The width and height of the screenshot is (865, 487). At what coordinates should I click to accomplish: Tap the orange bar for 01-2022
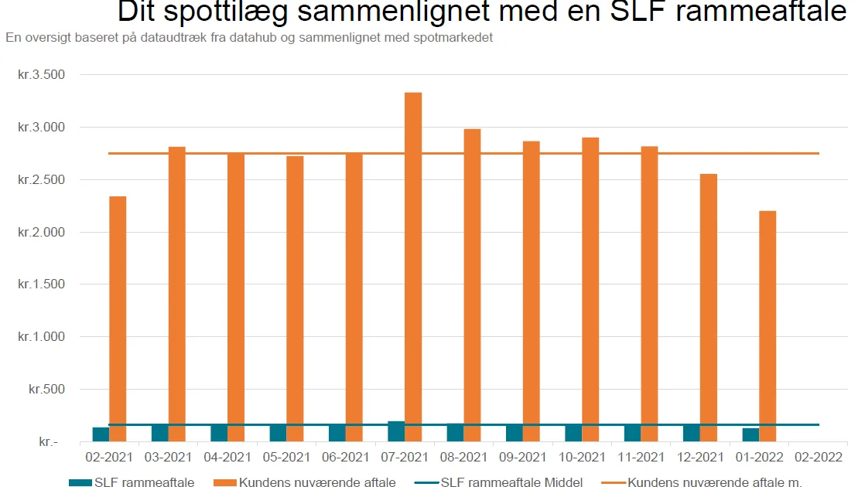point(768,325)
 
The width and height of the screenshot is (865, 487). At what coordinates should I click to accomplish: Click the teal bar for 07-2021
point(396,431)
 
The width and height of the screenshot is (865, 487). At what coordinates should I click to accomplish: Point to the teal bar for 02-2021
point(101,434)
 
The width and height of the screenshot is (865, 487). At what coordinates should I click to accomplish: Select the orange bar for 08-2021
point(472,285)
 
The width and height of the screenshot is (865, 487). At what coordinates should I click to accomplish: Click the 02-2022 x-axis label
point(819,457)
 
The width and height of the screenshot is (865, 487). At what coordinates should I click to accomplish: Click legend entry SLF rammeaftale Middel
point(511,482)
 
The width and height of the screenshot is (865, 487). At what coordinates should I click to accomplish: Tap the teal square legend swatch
point(80,482)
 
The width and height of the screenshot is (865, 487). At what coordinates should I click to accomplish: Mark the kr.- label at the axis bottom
point(48,442)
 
